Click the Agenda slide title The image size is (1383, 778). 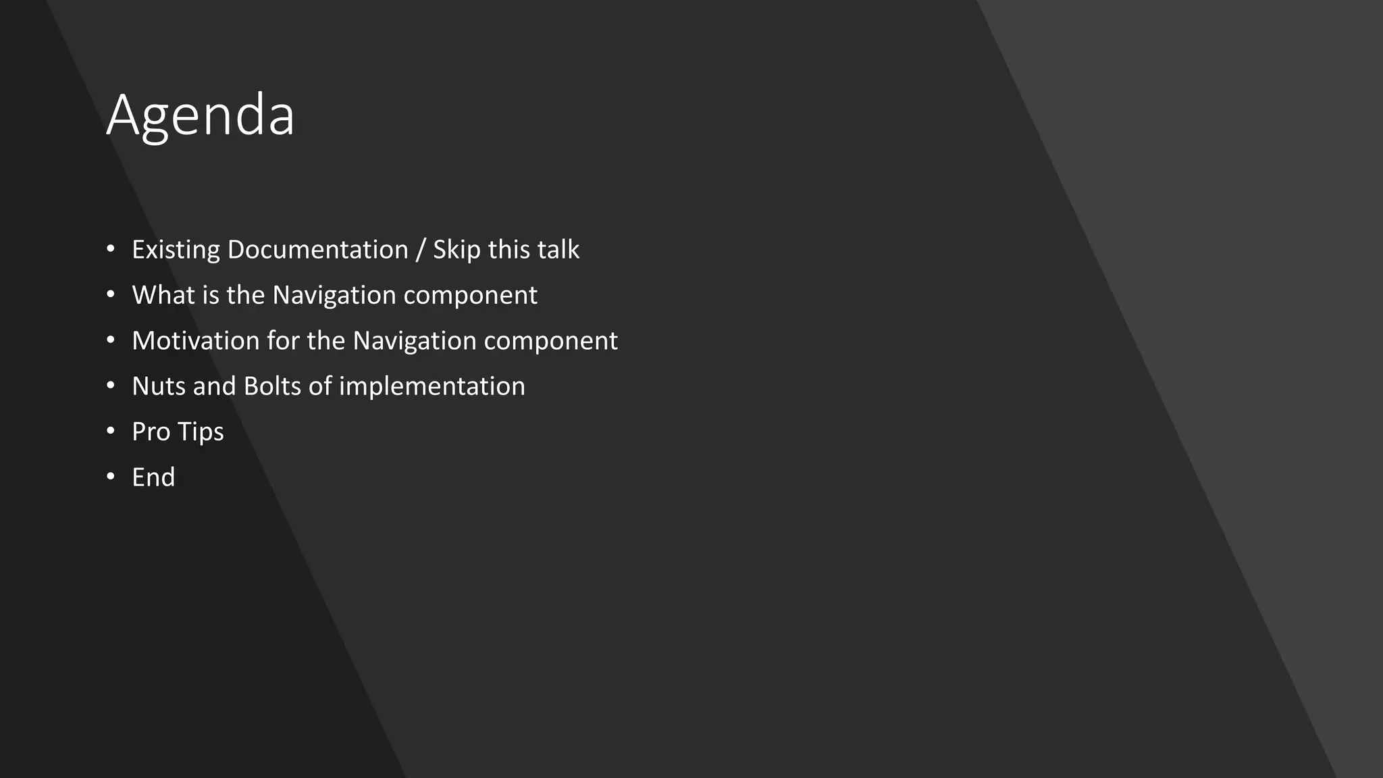click(201, 115)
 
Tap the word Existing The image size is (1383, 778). click(176, 250)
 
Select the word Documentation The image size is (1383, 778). click(317, 250)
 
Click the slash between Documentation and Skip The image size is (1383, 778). click(421, 250)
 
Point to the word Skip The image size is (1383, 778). click(456, 250)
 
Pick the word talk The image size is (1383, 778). click(557, 250)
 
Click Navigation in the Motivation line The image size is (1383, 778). click(414, 340)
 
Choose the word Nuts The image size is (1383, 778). click(158, 386)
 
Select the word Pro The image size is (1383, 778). click(151, 432)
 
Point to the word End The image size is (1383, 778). click(153, 477)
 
